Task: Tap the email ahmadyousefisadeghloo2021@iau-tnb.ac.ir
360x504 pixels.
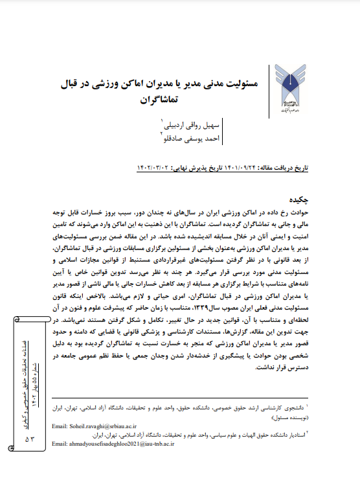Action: pyautogui.click(x=111, y=443)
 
